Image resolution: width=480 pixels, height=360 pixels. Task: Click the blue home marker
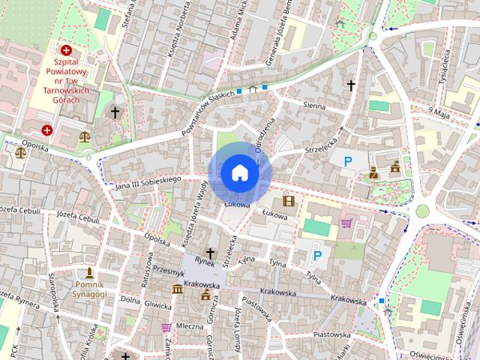pyautogui.click(x=240, y=173)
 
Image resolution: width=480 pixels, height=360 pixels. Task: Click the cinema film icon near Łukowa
pyautogui.click(x=289, y=200)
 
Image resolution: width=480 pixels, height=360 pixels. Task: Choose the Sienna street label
pyautogui.click(x=314, y=106)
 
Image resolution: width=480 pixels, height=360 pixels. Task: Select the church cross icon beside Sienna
pyautogui.click(x=349, y=85)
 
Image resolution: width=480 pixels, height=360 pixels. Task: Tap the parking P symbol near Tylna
pyautogui.click(x=317, y=256)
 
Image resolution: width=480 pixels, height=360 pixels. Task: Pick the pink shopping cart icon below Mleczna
pyautogui.click(x=166, y=327)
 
